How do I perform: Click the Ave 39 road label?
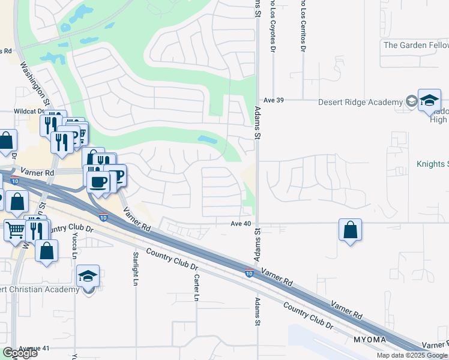coord(273,100)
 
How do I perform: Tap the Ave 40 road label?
coord(240,223)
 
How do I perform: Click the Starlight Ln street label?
coord(136,268)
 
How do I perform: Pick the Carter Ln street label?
coord(196,289)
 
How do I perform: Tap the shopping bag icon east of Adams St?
coord(350,230)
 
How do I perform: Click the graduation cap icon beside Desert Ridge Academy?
coord(429,100)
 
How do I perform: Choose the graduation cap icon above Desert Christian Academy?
coord(88,277)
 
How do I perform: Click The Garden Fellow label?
coord(415,45)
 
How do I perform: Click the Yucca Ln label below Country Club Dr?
coord(74,250)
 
